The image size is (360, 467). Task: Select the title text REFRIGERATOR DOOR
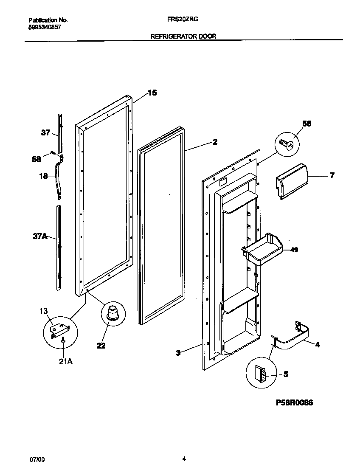point(183,37)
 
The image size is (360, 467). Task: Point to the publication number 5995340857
point(45,26)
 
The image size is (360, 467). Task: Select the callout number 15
point(152,93)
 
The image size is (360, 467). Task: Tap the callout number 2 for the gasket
point(215,142)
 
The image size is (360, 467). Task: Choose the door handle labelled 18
point(57,177)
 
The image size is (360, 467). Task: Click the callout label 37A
point(40,236)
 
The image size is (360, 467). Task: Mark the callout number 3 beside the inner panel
point(178,352)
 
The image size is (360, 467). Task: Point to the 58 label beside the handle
point(37,159)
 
